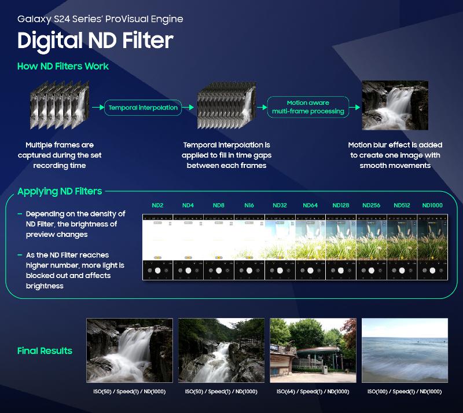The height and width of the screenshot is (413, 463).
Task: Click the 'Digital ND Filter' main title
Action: click(95, 41)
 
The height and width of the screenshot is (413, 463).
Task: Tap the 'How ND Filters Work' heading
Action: click(63, 66)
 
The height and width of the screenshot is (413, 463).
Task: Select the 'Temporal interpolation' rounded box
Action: click(142, 107)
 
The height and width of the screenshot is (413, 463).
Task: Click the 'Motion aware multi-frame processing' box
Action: click(308, 107)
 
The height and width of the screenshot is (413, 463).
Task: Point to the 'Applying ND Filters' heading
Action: click(60, 191)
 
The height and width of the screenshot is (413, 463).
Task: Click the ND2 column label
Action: click(157, 205)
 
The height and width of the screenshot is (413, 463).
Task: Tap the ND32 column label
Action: click(280, 205)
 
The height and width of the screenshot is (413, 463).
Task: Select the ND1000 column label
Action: click(432, 205)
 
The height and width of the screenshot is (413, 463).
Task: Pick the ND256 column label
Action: click(371, 205)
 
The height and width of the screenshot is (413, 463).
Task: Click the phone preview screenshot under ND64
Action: click(310, 247)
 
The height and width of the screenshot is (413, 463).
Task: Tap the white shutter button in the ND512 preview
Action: click(402, 270)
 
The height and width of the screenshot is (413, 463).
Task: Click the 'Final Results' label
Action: click(45, 350)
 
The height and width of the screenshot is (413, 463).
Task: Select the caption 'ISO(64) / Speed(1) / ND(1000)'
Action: click(313, 392)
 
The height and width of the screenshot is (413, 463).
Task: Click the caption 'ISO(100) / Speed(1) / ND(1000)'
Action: click(405, 392)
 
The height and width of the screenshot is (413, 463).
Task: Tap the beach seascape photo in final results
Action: click(405, 350)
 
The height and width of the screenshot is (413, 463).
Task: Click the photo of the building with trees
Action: click(313, 350)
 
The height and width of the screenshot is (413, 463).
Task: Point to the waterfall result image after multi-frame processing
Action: click(395, 105)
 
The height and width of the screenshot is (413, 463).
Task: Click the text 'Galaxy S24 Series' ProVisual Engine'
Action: click(100, 19)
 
